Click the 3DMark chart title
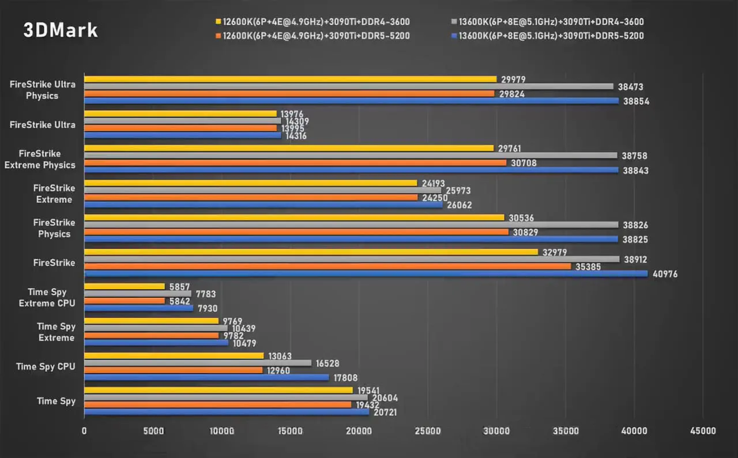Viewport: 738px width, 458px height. (x=61, y=31)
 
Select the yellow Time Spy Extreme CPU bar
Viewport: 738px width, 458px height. (x=125, y=286)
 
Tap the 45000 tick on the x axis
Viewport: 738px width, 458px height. (x=703, y=431)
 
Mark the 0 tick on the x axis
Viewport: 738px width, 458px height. (x=84, y=431)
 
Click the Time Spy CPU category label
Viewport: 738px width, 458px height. (x=46, y=366)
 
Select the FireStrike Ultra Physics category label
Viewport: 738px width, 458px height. (x=42, y=90)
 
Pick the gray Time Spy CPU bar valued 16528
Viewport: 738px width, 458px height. (x=198, y=363)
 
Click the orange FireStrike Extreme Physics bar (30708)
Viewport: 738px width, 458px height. (x=295, y=162)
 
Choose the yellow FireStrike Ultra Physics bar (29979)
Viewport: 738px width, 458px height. (x=290, y=79)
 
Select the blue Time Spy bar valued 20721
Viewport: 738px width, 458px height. (x=227, y=411)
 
